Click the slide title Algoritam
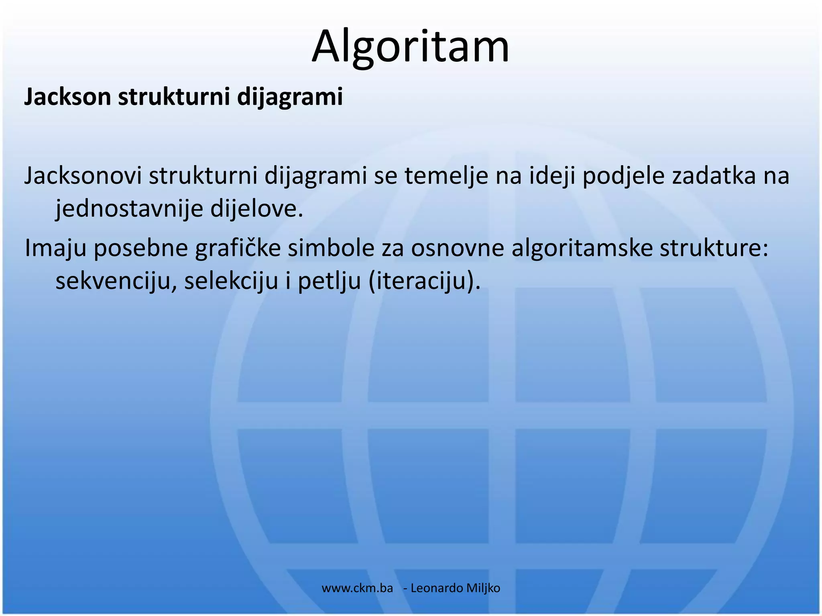coord(410,46)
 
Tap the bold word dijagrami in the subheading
coord(290,97)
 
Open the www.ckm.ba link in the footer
coord(357,588)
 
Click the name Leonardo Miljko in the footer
coord(456,588)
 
